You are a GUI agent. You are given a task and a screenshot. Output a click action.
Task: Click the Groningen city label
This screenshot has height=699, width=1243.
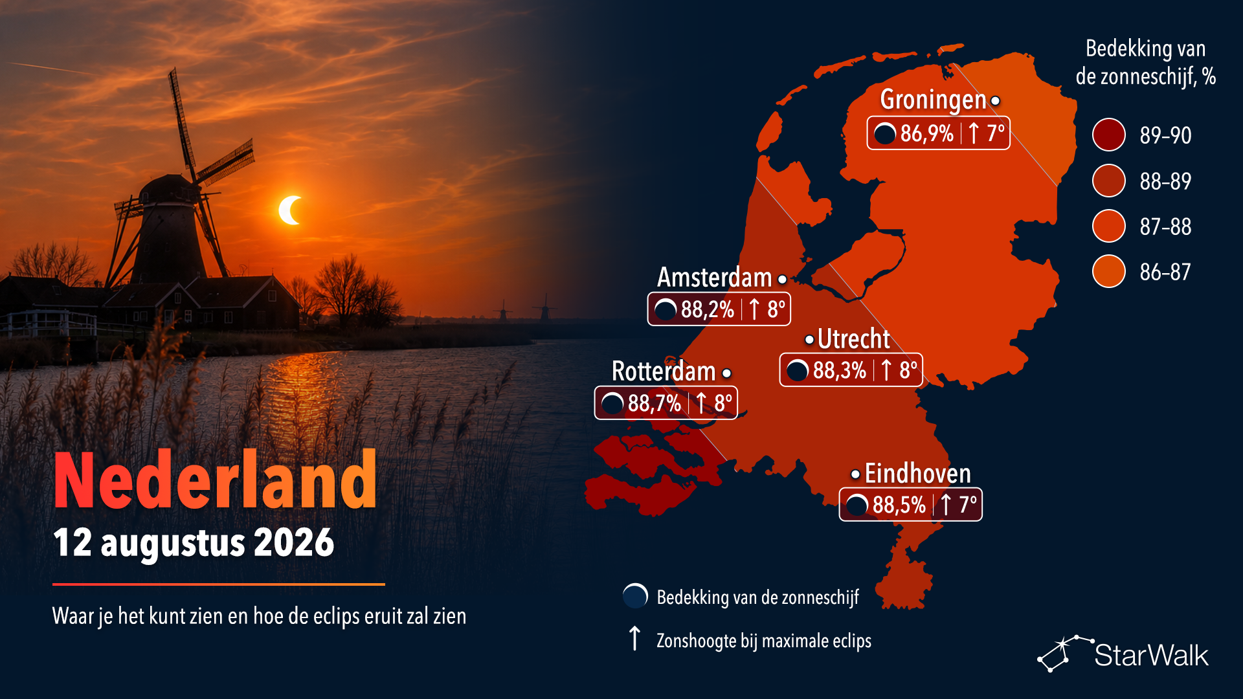933,100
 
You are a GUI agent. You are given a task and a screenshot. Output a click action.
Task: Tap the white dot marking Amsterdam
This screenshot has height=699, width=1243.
783,280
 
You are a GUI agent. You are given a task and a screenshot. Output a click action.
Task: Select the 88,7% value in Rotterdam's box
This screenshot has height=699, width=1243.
654,403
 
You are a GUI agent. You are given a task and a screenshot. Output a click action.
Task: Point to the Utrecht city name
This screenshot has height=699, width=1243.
853,338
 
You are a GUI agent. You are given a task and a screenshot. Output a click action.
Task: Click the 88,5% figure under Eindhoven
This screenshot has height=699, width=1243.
899,505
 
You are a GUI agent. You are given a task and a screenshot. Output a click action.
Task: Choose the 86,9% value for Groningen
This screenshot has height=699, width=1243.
926,133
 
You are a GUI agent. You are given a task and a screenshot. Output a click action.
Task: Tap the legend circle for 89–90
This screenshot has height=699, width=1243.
1109,135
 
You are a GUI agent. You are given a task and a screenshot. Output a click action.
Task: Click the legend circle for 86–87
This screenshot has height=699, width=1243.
1109,271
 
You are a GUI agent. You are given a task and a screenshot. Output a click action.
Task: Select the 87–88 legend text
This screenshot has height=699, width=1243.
1165,227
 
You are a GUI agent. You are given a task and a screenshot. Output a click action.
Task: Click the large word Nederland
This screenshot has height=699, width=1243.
216,480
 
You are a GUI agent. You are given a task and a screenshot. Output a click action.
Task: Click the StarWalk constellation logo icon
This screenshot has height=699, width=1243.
1064,654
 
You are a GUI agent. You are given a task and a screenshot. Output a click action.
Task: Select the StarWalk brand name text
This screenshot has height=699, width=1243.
1151,656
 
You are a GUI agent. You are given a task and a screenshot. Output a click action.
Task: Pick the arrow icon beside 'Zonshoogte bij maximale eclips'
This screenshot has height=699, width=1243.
635,638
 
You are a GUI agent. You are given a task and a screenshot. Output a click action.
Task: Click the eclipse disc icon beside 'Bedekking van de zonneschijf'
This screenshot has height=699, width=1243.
635,596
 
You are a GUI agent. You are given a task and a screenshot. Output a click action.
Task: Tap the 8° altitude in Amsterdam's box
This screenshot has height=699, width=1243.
776,309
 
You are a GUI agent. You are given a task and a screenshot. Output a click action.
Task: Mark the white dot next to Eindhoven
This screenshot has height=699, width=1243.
855,475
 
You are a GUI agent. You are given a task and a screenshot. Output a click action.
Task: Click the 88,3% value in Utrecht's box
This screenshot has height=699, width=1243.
839,370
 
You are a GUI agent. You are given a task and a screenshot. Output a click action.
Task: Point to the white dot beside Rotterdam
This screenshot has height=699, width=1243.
727,373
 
